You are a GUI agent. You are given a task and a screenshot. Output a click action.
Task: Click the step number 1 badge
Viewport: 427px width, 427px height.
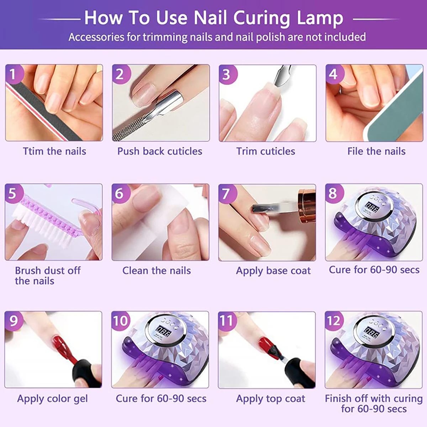[x=13, y=74]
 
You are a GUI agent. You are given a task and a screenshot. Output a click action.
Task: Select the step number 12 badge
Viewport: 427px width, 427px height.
[x=334, y=321]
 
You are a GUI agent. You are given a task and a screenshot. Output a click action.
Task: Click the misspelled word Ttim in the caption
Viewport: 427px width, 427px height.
[x=34, y=151]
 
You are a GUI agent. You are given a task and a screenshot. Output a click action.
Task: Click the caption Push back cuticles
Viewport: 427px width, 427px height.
[x=160, y=151]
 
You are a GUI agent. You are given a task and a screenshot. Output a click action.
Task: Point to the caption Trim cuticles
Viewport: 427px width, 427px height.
[x=266, y=151]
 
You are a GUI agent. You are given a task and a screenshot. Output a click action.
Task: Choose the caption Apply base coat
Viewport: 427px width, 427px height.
[x=273, y=271]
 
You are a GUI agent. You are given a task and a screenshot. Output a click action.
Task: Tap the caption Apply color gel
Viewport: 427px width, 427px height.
[x=52, y=399]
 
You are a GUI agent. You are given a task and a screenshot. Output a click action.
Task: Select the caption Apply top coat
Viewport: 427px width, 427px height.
[x=270, y=399]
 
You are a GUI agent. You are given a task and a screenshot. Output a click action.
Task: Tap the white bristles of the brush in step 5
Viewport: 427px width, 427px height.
[x=39, y=228]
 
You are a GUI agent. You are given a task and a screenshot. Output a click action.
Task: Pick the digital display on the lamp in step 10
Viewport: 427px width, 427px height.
[x=164, y=332]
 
